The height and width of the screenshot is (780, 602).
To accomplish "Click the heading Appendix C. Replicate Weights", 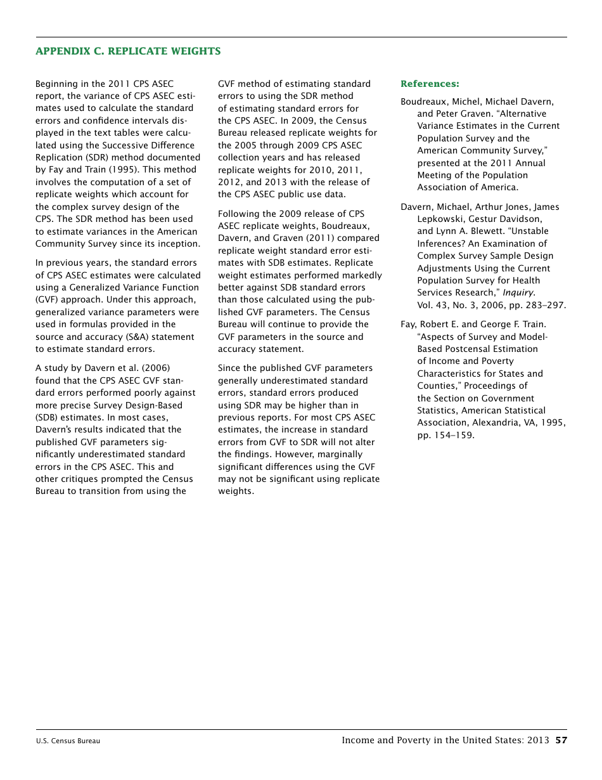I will pos(128,51).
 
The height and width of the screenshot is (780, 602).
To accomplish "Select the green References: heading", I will pos(430,84).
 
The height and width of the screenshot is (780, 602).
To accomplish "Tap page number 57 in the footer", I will pos(561,740).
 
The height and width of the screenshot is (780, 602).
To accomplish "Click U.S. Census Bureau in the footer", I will pos(68,741).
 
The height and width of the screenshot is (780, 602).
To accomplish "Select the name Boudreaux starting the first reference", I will pos(423,101).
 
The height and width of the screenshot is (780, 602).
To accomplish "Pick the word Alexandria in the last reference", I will pos(493,423).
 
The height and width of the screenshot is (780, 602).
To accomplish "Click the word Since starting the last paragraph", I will pos(229,368).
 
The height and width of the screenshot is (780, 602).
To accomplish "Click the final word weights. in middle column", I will pos(236,491).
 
